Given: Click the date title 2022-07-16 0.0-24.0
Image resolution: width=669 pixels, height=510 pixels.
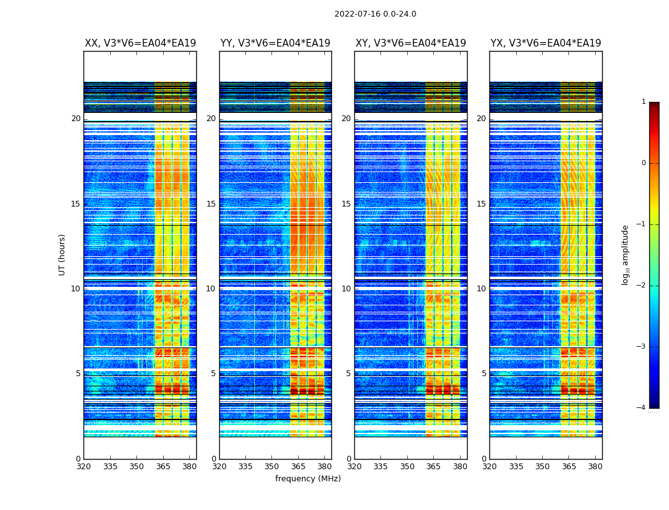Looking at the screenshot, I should (x=375, y=14).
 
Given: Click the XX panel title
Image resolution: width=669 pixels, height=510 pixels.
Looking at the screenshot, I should (x=140, y=43).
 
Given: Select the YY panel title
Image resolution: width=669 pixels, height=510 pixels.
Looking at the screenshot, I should (x=275, y=43).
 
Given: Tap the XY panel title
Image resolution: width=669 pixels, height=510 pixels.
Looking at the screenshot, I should (x=411, y=43).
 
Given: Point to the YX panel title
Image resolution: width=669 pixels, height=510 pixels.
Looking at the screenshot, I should (x=546, y=43).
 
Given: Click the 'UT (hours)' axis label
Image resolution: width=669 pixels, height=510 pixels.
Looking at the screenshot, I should (x=62, y=254).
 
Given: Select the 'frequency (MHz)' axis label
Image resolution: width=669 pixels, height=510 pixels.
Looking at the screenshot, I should (x=308, y=479).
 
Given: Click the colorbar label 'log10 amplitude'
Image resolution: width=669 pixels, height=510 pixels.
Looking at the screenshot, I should (x=626, y=254).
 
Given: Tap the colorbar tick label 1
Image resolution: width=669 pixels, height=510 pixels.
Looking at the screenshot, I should (x=643, y=102).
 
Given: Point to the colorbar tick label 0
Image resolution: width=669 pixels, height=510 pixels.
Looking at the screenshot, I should (x=643, y=163).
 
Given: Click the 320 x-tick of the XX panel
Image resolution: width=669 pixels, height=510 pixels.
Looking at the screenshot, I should (x=83, y=467).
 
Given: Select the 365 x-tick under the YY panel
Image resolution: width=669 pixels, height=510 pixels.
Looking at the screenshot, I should (x=298, y=467).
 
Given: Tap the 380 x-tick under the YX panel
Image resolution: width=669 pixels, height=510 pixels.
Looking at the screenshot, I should (x=595, y=467).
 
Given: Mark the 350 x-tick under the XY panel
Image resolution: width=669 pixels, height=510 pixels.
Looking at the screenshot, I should (x=407, y=467).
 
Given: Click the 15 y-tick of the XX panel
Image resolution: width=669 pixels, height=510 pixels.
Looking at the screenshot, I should (x=76, y=204).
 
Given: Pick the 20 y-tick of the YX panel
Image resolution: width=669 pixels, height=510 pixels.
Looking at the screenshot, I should (x=482, y=119).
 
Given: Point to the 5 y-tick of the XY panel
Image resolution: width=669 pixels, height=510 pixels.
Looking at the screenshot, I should (x=349, y=374).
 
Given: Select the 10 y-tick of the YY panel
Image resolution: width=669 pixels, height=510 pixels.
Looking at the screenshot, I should (x=211, y=289).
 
